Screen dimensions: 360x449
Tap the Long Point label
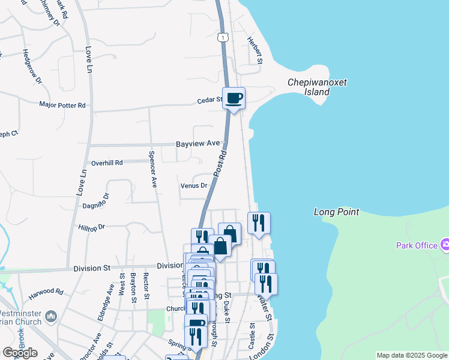pyautogui.click(x=337, y=212)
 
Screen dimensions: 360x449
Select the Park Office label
pyautogui.click(x=417, y=245)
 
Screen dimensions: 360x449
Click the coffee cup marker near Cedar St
pyautogui.click(x=234, y=98)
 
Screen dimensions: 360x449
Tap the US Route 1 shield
pyautogui.click(x=223, y=37)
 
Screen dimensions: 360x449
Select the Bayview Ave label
pyautogui.click(x=198, y=145)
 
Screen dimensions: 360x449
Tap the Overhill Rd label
pyautogui.click(x=107, y=163)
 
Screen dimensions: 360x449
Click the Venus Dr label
pyautogui.click(x=194, y=185)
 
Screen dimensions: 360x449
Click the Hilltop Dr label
pyautogui.click(x=92, y=227)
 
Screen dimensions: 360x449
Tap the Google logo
pyautogui.click(x=20, y=353)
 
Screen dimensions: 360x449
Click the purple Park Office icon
pyautogui.click(x=445, y=245)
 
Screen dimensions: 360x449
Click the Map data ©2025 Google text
pyautogui.click(x=412, y=355)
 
